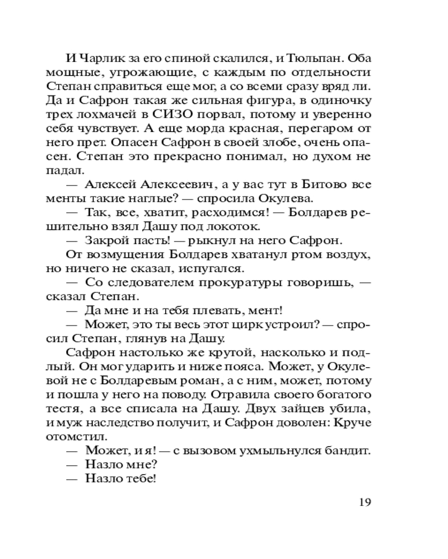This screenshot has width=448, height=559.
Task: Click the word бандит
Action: tap(350, 451)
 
